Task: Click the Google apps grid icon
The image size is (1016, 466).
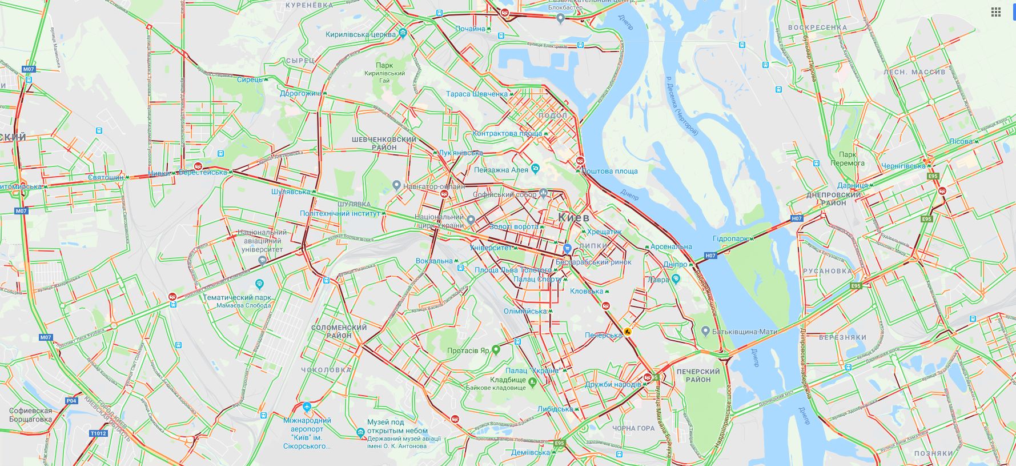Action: point(995,12)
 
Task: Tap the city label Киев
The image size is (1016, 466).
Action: point(573,217)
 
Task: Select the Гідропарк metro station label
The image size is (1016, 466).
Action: point(730,238)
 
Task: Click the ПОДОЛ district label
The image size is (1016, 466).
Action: point(552,115)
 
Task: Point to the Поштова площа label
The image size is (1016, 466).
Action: point(613,171)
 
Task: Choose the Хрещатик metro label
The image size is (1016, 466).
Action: point(604,232)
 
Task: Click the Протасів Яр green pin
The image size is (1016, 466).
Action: point(496,349)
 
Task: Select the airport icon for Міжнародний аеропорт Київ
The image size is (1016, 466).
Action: point(307,408)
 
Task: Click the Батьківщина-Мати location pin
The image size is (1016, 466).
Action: point(706,331)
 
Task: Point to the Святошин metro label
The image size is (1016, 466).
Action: point(106,177)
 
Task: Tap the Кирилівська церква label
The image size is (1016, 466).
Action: point(360,34)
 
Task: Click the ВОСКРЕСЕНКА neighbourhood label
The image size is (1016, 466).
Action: point(817,27)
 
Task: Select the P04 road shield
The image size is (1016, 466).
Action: point(71,401)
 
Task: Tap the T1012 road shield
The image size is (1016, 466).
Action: point(98,433)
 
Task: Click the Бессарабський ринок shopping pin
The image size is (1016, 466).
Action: point(567,249)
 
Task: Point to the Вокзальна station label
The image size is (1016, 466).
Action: point(434,261)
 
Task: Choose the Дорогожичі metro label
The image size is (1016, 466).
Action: point(299,93)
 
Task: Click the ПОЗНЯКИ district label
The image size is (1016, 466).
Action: point(933,453)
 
